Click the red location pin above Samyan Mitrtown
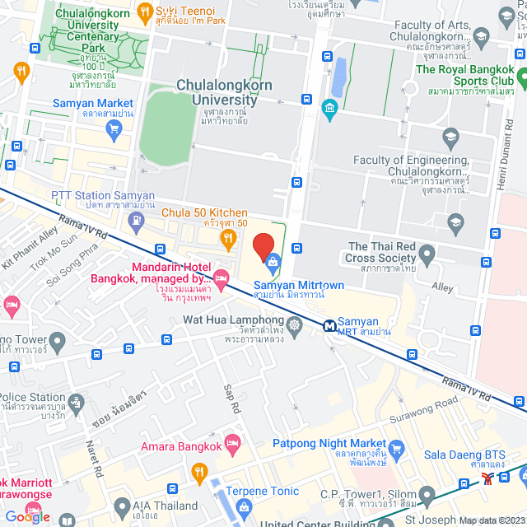[263, 246]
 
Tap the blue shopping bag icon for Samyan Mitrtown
[273, 262]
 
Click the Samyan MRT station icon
[329, 324]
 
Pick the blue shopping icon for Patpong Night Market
[399, 449]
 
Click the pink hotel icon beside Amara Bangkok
[233, 444]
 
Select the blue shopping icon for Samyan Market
[114, 128]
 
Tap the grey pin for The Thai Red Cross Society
[426, 259]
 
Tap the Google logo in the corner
[26, 516]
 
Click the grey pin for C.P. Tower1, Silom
[426, 495]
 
